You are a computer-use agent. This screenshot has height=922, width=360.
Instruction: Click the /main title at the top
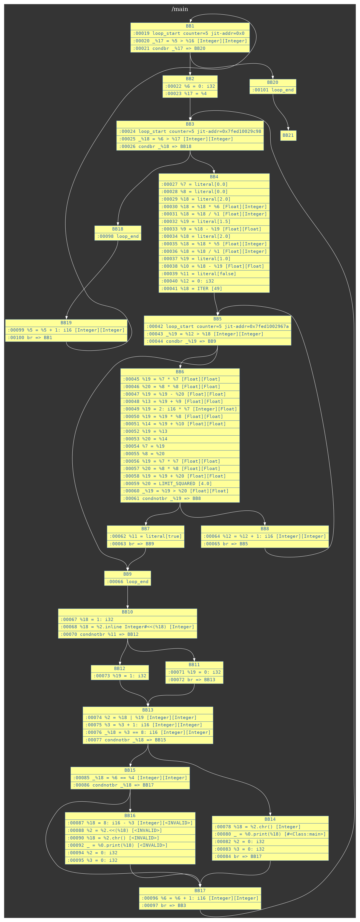click(x=180, y=9)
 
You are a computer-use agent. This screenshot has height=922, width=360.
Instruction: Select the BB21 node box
click(x=288, y=135)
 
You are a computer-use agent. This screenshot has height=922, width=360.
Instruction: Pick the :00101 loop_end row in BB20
click(x=273, y=90)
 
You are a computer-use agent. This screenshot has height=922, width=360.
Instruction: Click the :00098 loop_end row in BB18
click(x=118, y=236)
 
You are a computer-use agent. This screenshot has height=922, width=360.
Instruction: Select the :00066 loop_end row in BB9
click(x=127, y=582)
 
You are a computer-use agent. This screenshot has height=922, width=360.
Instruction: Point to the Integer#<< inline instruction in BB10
click(x=127, y=627)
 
